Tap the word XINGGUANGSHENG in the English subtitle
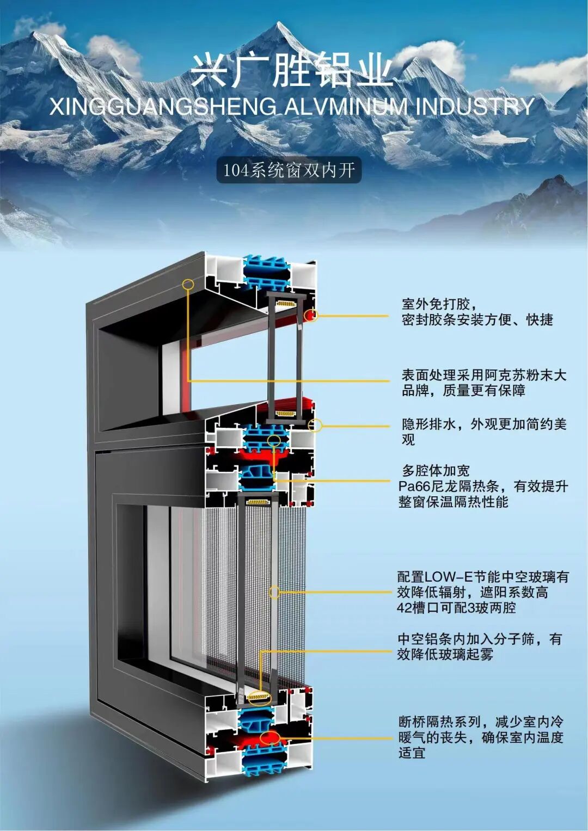pos(163,107)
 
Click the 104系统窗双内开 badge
pos(289,170)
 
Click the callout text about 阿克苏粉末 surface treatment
pos(483,383)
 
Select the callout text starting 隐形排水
pos(483,432)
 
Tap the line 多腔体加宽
pos(435,470)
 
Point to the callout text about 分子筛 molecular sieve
pos(479,647)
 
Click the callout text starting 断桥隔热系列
pos(480,737)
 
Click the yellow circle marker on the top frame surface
pos(188,284)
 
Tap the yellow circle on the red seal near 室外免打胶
pos(311,315)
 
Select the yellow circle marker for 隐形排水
pos(315,425)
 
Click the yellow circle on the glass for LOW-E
pos(275,592)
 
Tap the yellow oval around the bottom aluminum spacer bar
pos(259,696)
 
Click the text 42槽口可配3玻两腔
pos(456,607)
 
